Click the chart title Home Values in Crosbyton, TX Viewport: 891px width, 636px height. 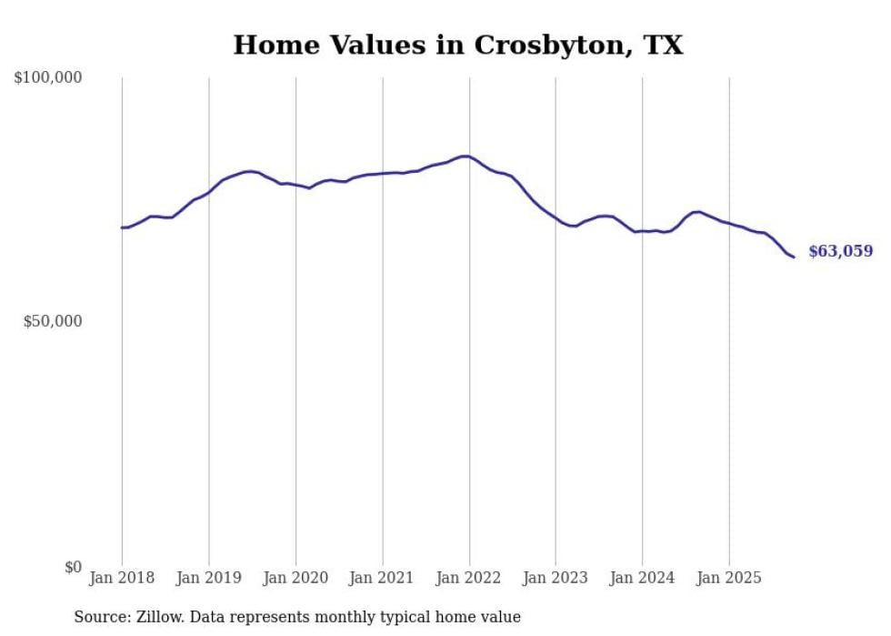coord(457,45)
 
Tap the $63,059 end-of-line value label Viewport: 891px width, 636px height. coord(840,252)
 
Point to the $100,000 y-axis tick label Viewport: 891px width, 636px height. coord(48,78)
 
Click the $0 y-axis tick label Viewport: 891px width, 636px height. coord(73,567)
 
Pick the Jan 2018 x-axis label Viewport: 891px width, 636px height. coord(122,578)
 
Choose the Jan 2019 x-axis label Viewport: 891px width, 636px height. coord(209,578)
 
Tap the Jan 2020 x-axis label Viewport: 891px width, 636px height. coord(295,578)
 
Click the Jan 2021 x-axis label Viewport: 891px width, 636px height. coord(382,578)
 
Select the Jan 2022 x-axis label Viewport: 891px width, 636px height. coord(469,578)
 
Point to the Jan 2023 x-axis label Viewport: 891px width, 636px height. coord(556,578)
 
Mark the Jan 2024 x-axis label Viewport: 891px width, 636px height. coord(642,578)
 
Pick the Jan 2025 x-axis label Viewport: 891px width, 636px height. coord(729,578)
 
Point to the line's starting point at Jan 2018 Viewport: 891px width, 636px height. coord(122,227)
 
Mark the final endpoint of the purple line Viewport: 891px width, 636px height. coord(794,257)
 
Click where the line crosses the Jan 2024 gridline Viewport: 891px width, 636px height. coord(642,231)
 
